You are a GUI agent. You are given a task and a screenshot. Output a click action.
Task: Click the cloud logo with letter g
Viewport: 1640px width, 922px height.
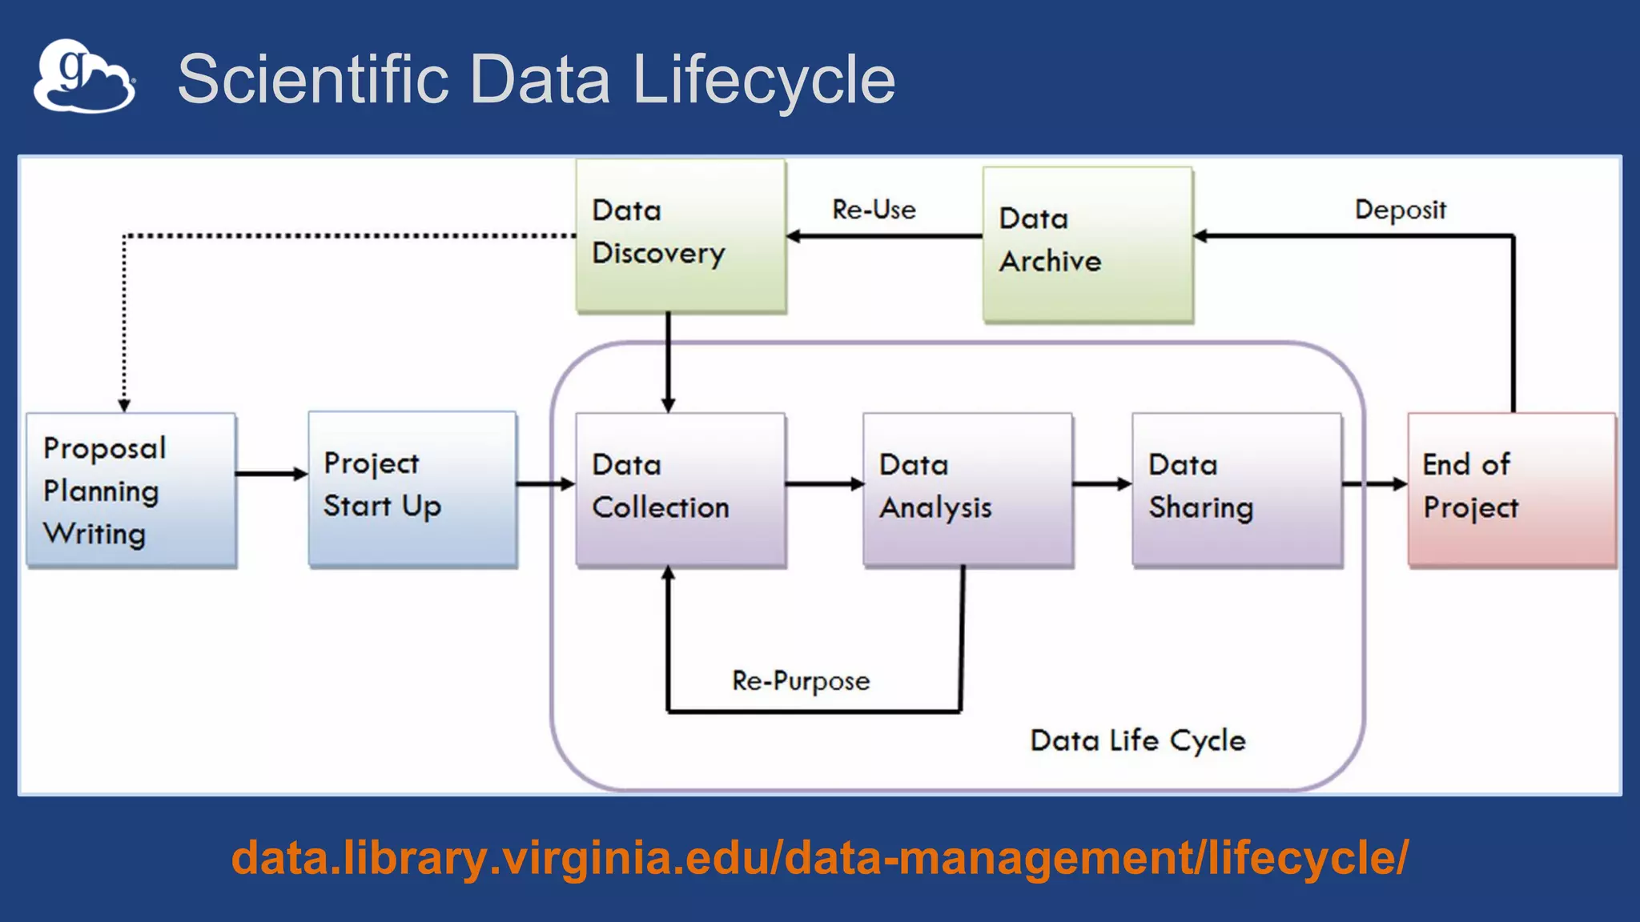[84, 77]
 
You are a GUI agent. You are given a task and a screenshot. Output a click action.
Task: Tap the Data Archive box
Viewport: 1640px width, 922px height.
[1087, 243]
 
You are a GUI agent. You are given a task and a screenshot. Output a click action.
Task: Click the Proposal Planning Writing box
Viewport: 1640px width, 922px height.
[131, 490]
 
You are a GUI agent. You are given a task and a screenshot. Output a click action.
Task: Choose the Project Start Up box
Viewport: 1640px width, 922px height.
[412, 488]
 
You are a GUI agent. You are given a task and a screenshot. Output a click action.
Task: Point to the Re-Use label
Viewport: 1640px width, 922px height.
[874, 210]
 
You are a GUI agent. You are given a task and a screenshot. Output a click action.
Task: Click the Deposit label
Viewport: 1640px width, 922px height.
[1400, 210]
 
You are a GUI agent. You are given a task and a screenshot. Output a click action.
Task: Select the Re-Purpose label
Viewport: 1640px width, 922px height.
[800, 681]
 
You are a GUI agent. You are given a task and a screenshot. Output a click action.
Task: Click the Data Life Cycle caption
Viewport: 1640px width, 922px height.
[1137, 740]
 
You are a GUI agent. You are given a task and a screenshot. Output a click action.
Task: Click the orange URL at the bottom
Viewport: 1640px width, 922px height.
[819, 858]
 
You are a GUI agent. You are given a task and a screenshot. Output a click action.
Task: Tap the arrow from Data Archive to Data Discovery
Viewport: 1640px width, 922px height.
[884, 236]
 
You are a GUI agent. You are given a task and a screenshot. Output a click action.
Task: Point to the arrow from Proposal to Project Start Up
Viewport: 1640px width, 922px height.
[271, 474]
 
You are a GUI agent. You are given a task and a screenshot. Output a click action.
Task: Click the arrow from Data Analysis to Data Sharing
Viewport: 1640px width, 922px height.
[1102, 483]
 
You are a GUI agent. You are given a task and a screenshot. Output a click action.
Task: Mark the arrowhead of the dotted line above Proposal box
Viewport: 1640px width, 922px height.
[124, 405]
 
